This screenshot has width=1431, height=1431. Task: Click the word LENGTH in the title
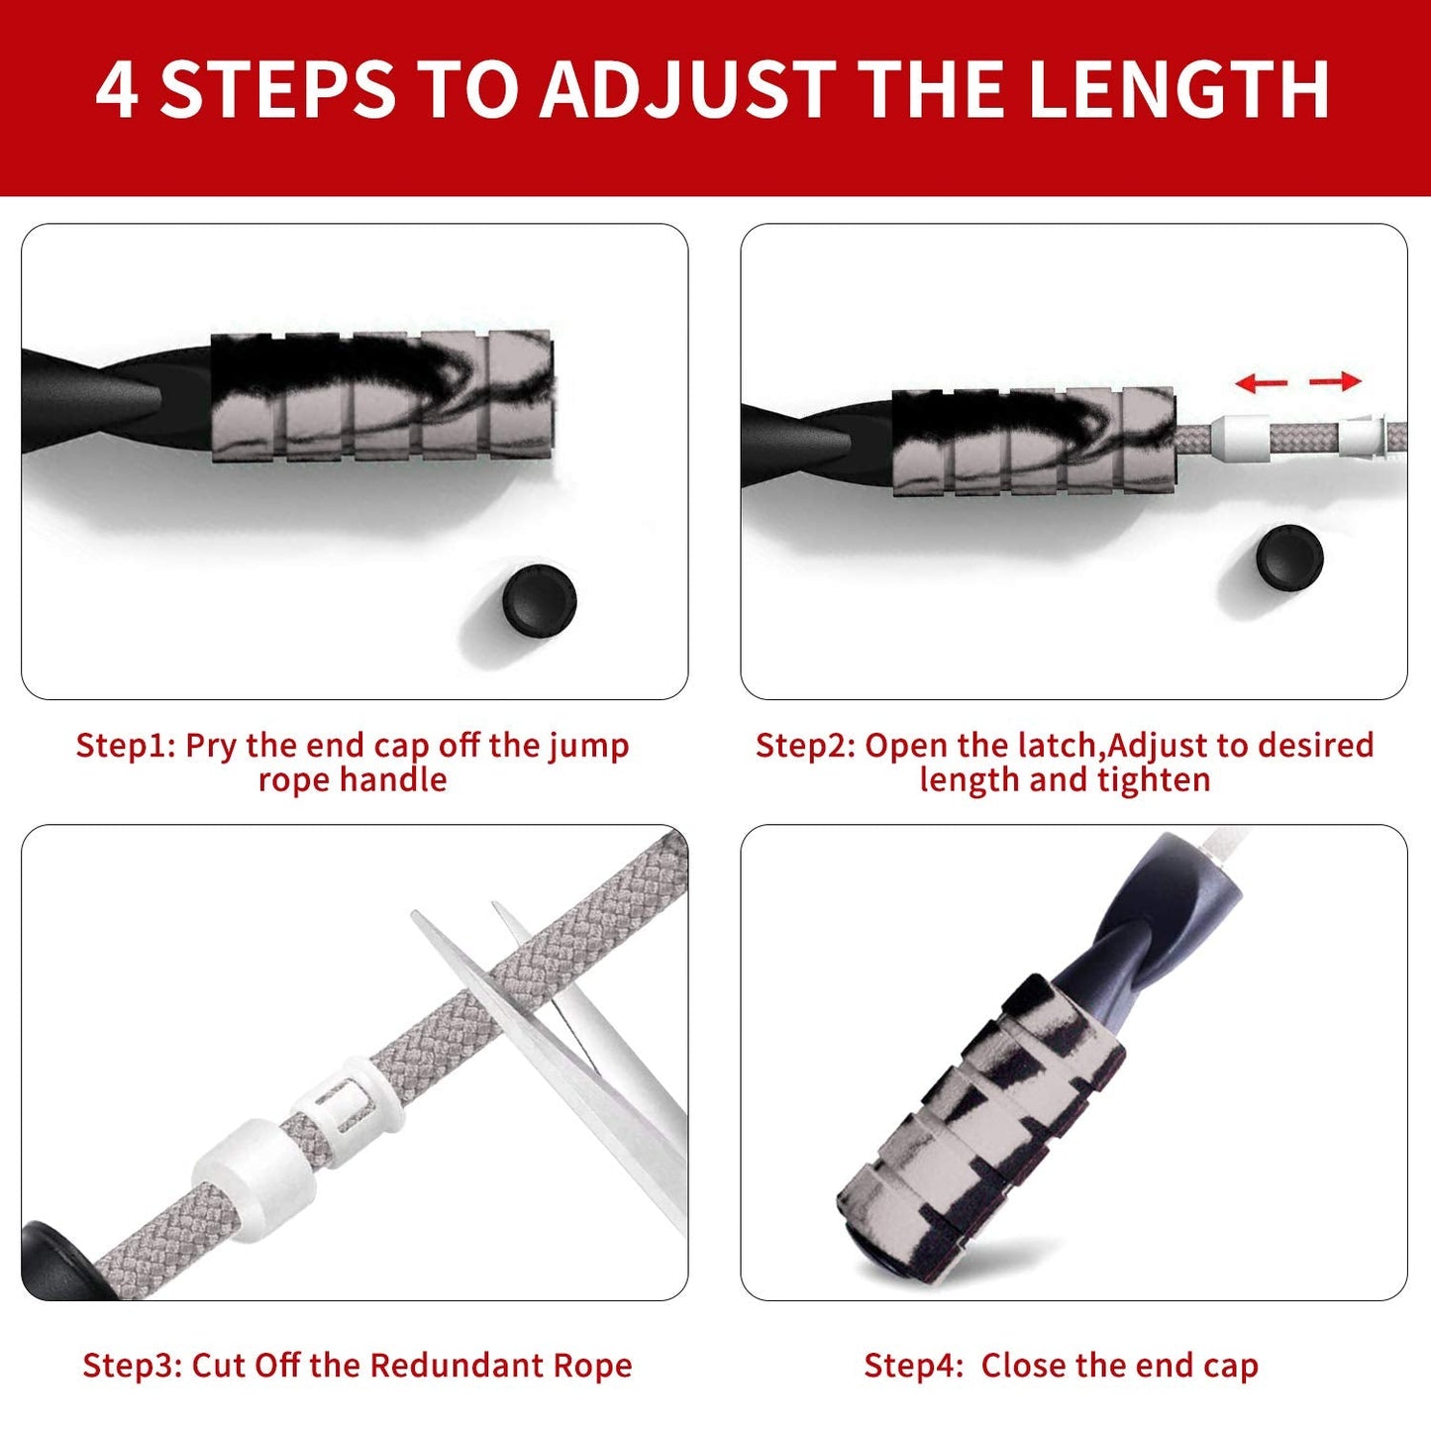[x=1178, y=90]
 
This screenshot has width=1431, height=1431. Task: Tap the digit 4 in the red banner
[x=117, y=90]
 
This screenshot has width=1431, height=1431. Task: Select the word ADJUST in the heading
[x=688, y=90]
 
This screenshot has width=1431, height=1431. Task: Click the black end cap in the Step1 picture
[x=539, y=600]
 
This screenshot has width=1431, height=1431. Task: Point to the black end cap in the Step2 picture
[x=1289, y=558]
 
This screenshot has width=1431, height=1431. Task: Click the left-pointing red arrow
[x=1261, y=382]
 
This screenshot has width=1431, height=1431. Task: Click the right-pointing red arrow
[x=1336, y=380]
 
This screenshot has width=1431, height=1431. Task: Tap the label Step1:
[x=126, y=746]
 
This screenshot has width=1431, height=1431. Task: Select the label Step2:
[x=805, y=746]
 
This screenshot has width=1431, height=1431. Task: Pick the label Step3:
[x=132, y=1366]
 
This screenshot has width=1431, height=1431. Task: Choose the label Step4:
[x=913, y=1366]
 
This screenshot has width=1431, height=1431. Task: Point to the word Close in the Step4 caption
[x=1024, y=1366]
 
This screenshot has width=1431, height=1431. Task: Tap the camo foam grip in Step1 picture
[x=381, y=396]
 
